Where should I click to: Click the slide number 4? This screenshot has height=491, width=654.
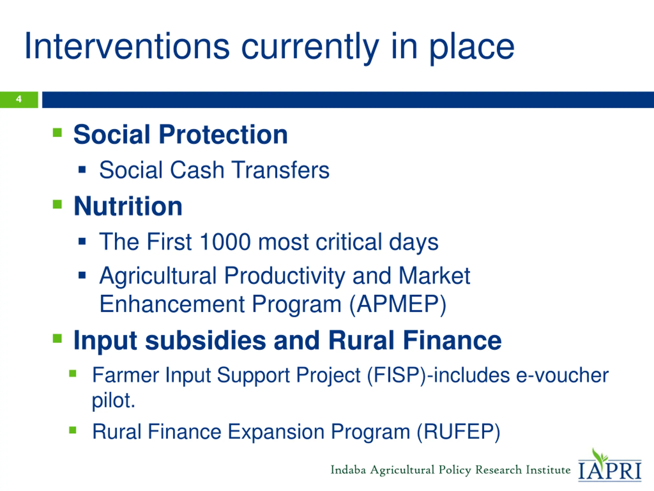pyautogui.click(x=19, y=99)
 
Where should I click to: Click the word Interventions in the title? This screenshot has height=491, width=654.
pyautogui.click(x=127, y=47)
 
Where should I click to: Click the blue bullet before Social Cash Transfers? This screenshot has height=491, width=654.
pyautogui.click(x=82, y=170)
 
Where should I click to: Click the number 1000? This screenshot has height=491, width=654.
pyautogui.click(x=225, y=242)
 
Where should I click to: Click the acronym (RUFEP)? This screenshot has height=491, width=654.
pyautogui.click(x=458, y=432)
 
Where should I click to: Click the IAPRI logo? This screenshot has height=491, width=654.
pyautogui.click(x=610, y=465)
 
